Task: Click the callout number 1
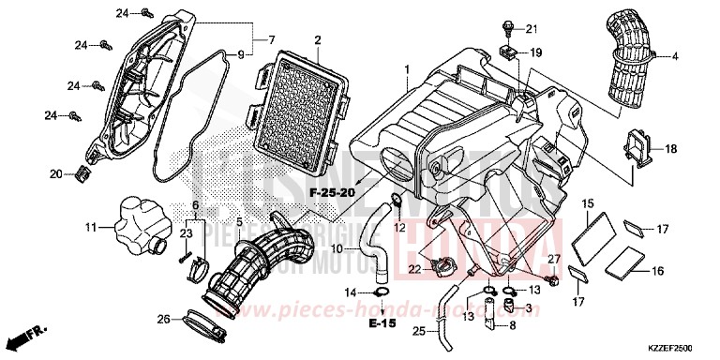407,70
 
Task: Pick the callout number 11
91,227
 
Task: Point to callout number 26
164,319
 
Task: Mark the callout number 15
587,203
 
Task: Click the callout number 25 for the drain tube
417,329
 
